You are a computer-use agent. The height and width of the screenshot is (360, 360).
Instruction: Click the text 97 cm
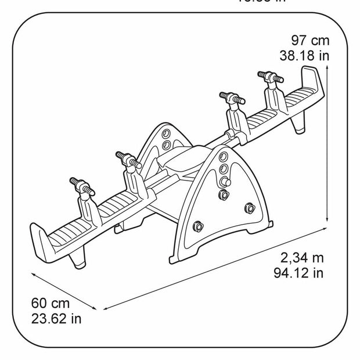click(310, 41)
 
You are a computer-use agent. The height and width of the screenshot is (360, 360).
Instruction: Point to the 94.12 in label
click(298, 272)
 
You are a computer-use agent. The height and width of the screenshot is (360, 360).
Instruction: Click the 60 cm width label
click(50, 304)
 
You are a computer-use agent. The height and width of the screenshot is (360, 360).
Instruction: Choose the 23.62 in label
click(56, 318)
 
